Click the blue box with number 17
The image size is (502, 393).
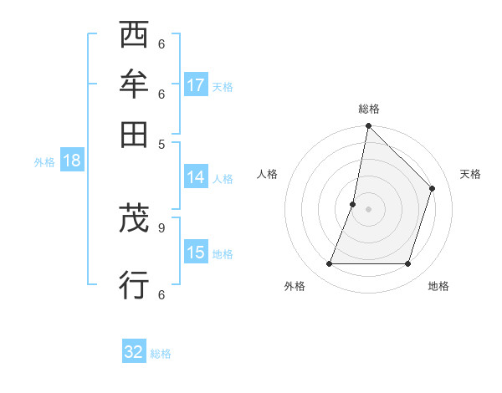[196, 85]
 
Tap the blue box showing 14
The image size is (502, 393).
[196, 177]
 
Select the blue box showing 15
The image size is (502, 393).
[196, 253]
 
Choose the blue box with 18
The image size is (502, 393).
[72, 161]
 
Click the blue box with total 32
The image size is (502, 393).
[134, 352]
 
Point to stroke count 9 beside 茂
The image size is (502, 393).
[161, 226]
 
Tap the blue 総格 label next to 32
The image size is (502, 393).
[161, 354]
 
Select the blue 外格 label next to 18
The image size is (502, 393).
[44, 162]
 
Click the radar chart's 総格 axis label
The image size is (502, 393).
[368, 110]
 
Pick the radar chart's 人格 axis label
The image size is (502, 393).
[268, 174]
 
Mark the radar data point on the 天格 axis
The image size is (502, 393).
[433, 188]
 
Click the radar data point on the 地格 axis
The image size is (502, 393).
[408, 264]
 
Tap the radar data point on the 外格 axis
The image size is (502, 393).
[329, 264]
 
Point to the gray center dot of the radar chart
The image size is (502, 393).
[368, 208]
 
